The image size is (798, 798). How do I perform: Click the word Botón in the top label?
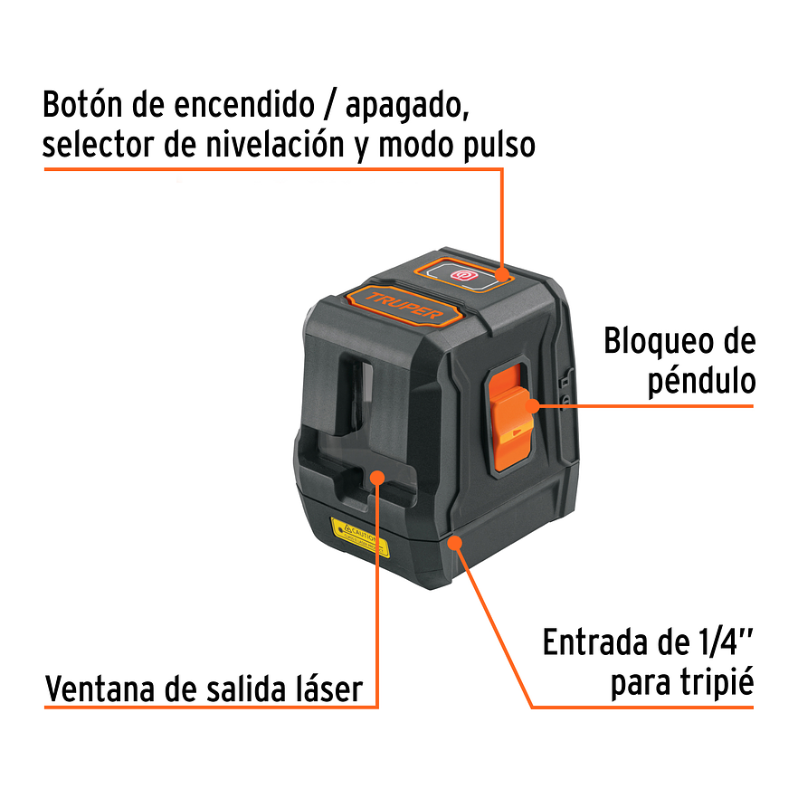tap(84, 105)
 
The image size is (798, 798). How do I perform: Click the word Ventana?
tap(102, 690)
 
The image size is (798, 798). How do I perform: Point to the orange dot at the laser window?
tap(376, 477)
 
